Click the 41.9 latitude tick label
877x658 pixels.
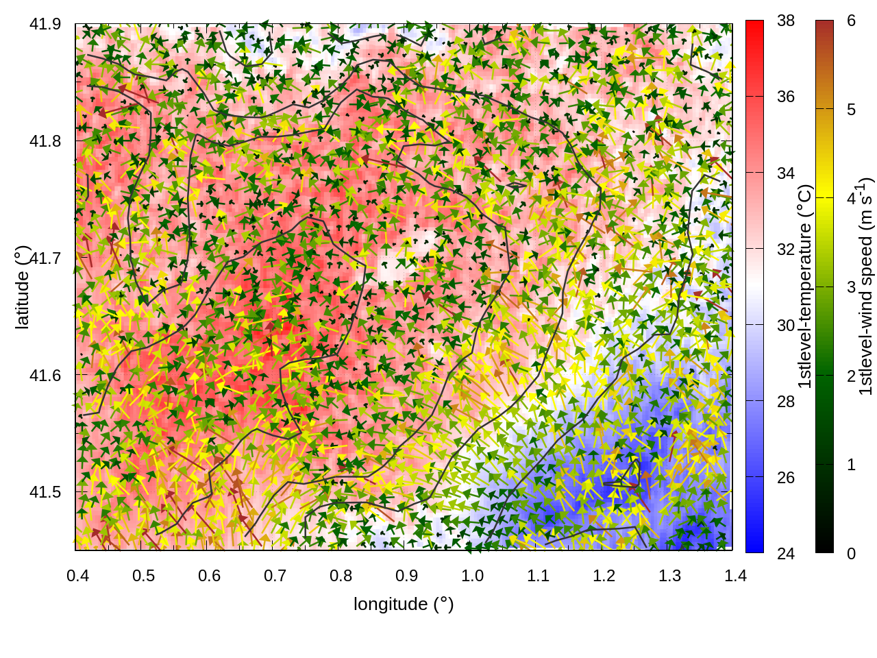tap(45, 24)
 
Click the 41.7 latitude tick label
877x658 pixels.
tap(45, 258)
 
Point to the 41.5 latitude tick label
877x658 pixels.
tap(45, 492)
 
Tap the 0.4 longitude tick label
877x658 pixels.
tap(77, 575)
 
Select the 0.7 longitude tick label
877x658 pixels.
tap(275, 575)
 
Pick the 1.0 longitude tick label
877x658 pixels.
tap(472, 575)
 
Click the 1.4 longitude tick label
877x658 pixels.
tap(735, 575)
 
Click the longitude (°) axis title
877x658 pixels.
tap(404, 604)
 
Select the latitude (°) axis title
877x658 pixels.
tap(23, 288)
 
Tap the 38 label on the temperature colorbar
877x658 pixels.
tap(786, 21)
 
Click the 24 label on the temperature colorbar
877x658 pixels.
tap(786, 553)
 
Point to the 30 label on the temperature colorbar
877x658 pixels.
tap(786, 325)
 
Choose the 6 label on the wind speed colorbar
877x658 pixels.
tap(851, 21)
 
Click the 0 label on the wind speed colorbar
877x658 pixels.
tap(851, 553)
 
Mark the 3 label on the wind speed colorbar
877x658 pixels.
tap(851, 287)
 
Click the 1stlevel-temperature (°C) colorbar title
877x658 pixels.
tap(804, 287)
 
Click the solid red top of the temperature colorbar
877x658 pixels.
tap(754, 27)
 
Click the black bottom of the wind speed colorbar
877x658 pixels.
tap(824, 546)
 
